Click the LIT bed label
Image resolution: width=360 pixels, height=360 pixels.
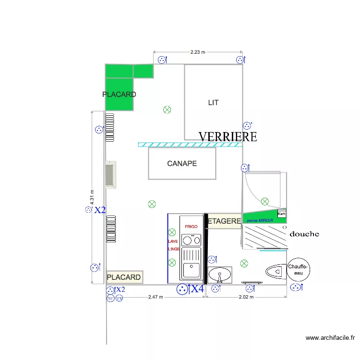pyautogui.click(x=214, y=103)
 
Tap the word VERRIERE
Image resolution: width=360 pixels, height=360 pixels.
pyautogui.click(x=227, y=137)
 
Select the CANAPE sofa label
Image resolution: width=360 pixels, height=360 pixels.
pyautogui.click(x=182, y=164)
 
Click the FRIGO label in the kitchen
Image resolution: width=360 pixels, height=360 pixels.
pyautogui.click(x=192, y=226)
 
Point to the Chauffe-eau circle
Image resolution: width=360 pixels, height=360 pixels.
pyautogui.click(x=299, y=270)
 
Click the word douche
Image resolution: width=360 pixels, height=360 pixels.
pyautogui.click(x=304, y=234)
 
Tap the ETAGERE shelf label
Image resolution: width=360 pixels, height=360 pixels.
pyautogui.click(x=224, y=221)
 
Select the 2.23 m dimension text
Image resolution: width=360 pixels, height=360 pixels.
pyautogui.click(x=197, y=52)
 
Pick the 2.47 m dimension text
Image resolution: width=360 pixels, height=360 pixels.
pyautogui.click(x=156, y=297)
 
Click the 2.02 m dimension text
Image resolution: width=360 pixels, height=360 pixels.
pyautogui.click(x=246, y=297)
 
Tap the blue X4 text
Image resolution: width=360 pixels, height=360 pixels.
pyautogui.click(x=197, y=289)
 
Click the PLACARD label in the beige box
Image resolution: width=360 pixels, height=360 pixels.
pyautogui.click(x=124, y=277)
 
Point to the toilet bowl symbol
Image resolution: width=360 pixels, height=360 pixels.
pyautogui.click(x=274, y=272)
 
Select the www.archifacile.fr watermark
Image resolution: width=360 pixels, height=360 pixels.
pyautogui.click(x=331, y=338)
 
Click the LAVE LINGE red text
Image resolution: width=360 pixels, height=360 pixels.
pyautogui.click(x=173, y=245)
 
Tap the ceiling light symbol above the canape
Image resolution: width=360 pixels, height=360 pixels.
pyautogui.click(x=167, y=109)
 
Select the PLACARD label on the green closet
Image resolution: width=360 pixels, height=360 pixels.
pyautogui.click(x=119, y=95)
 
